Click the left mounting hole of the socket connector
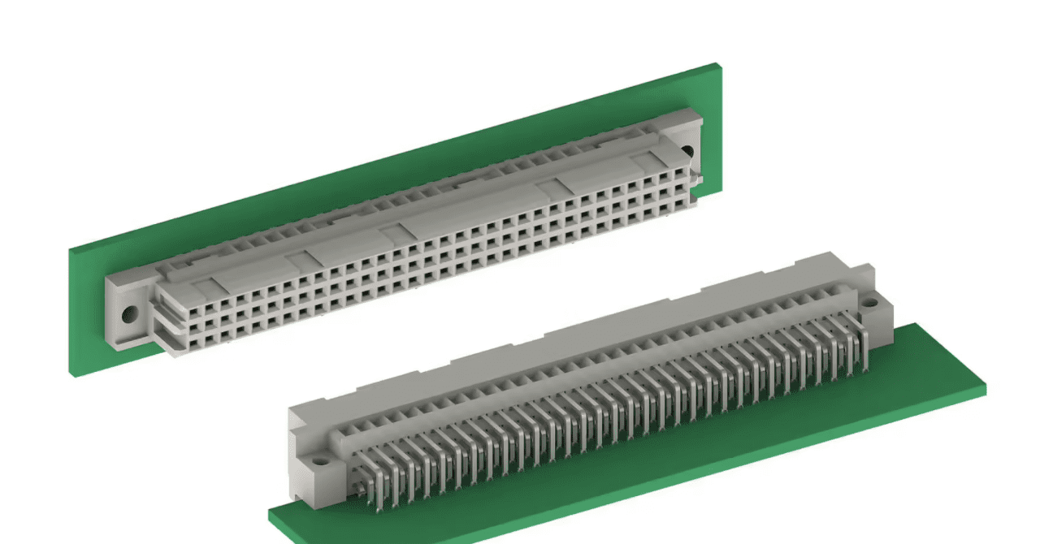point(128,312)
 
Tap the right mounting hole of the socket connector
point(687,151)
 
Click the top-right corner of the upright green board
point(718,64)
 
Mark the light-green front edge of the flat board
point(634,487)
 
